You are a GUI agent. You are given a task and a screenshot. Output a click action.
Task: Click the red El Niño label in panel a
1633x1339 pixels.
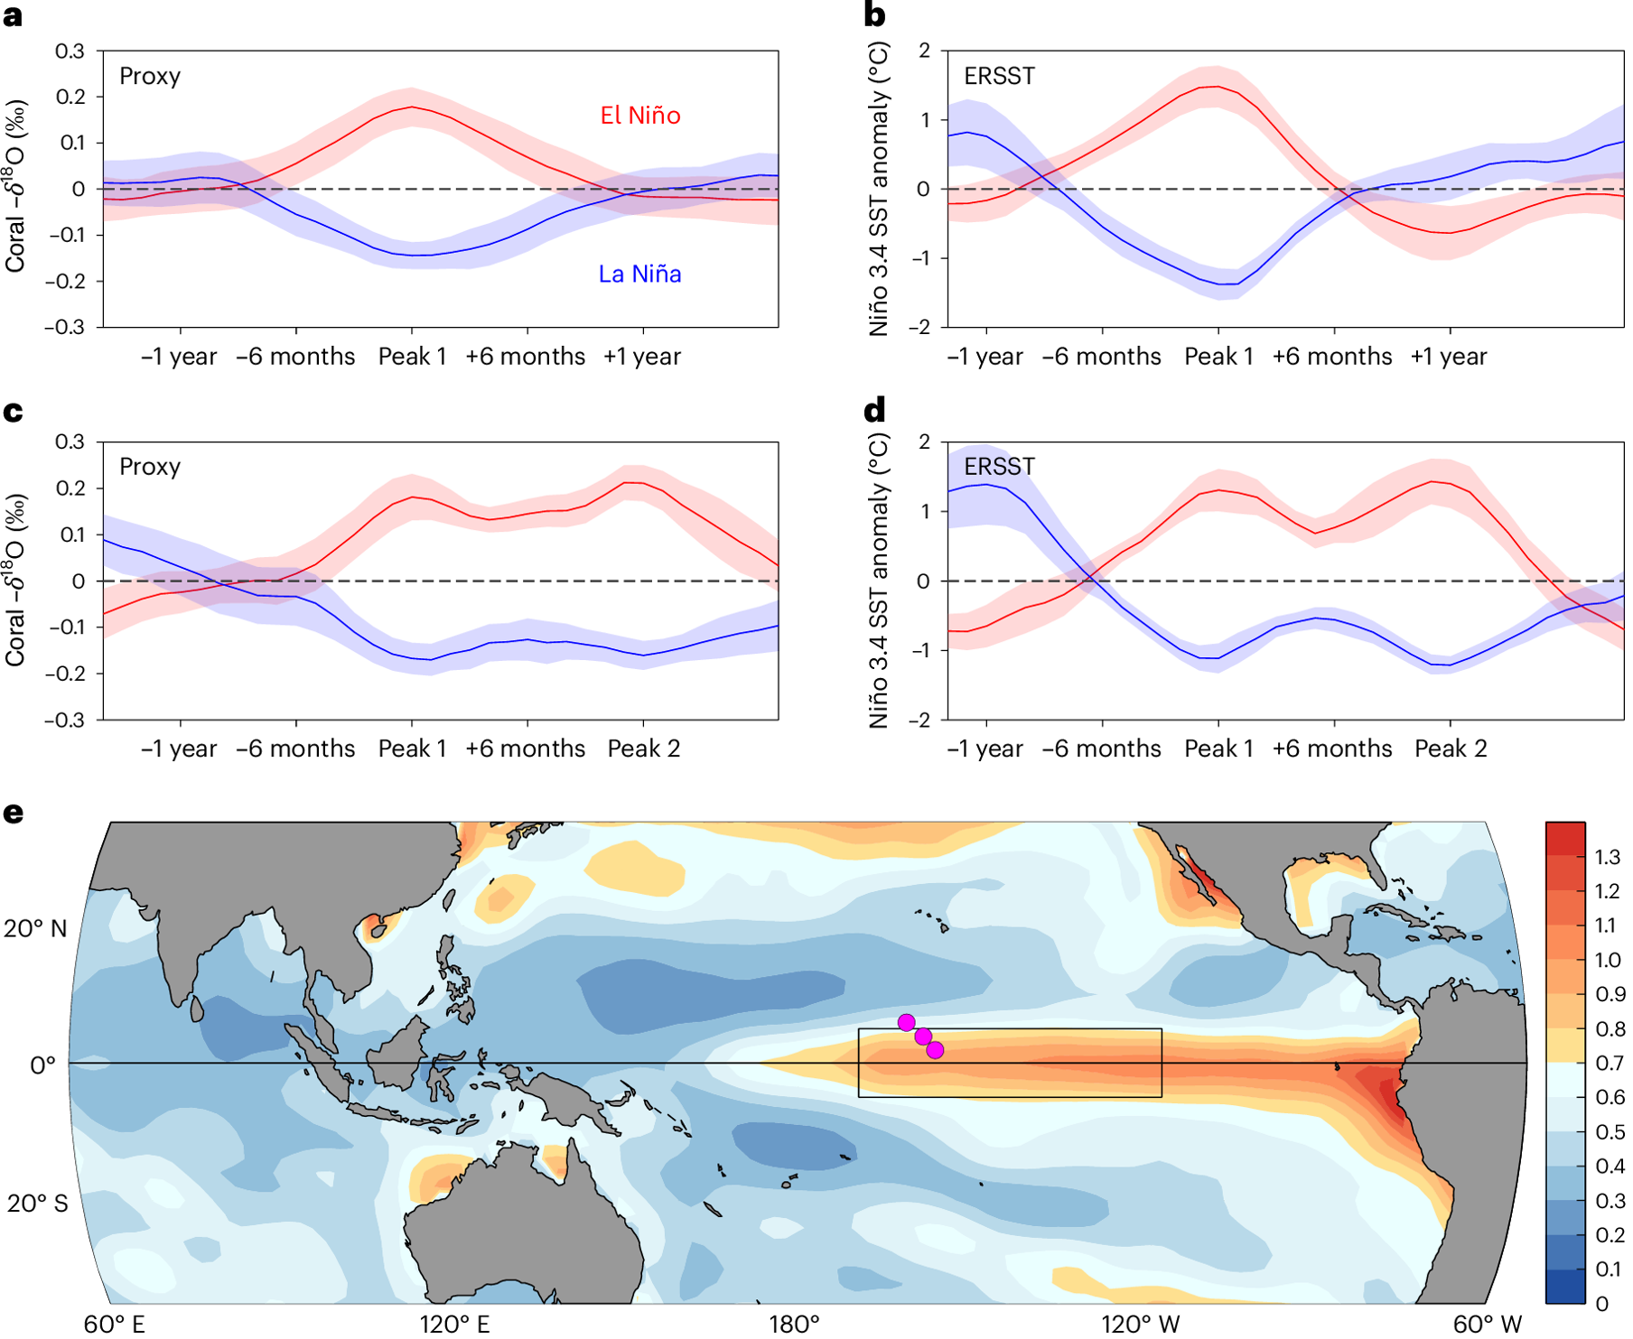coord(640,116)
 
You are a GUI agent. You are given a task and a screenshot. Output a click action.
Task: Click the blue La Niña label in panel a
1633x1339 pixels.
coord(639,274)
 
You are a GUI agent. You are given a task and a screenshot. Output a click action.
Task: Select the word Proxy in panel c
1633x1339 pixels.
coord(150,467)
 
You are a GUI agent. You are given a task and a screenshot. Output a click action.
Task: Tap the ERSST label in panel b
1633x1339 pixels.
coord(999,76)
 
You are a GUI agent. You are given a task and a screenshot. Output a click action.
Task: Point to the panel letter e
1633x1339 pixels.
coord(13,813)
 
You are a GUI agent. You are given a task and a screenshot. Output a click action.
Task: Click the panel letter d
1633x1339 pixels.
coord(874,412)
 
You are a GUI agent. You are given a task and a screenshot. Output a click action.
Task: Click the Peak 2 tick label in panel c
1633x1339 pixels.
coord(643,749)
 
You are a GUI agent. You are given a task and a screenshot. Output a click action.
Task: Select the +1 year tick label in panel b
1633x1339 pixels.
coord(1448,357)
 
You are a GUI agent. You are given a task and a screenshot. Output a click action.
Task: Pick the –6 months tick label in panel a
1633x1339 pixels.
coord(295,357)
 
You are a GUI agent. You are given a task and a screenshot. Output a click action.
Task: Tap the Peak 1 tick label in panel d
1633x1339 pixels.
coord(1218,749)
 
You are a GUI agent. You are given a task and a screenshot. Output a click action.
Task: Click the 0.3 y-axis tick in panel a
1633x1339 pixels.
coord(70,51)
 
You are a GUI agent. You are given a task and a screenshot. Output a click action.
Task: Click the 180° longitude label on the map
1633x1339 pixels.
coord(793,1324)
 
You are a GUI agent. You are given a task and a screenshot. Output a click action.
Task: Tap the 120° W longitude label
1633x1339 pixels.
coord(1140,1324)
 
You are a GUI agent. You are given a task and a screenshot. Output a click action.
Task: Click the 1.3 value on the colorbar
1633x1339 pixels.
coord(1607,857)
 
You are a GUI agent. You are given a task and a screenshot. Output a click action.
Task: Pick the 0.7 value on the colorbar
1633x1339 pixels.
coord(1609,1063)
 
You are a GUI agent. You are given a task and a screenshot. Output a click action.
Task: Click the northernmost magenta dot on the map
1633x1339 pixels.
coord(906,1022)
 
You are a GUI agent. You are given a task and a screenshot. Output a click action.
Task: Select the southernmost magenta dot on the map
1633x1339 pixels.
coord(935,1050)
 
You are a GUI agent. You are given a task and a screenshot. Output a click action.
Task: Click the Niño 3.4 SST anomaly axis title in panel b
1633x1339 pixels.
coord(879,190)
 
